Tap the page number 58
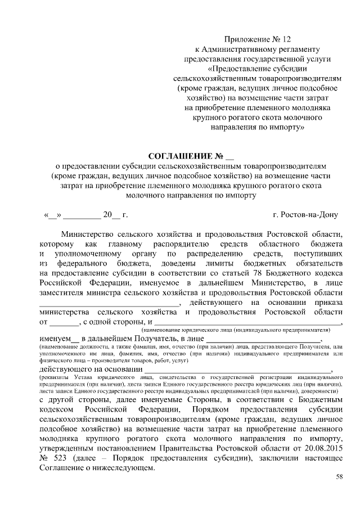(x=339, y=477)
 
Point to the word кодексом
(x=57, y=409)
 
